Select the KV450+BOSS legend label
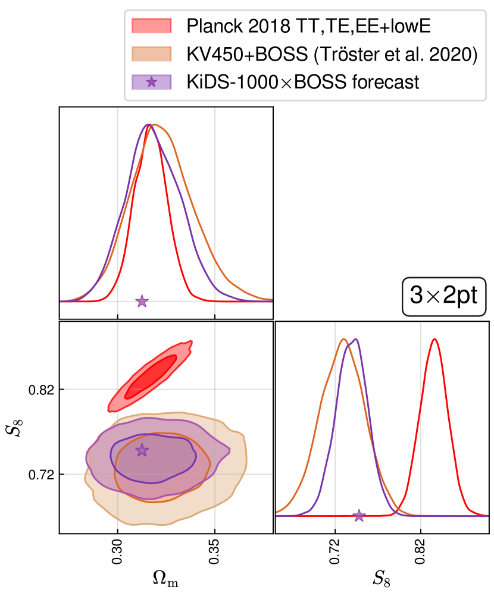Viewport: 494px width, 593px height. click(332, 54)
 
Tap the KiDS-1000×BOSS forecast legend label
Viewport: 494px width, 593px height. click(302, 81)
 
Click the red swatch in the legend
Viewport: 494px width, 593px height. click(151, 26)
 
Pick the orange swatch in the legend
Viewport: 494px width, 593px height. click(151, 54)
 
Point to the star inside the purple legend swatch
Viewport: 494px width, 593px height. click(151, 81)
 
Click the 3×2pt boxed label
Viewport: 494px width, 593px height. click(444, 295)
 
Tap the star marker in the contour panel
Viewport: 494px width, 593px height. click(142, 450)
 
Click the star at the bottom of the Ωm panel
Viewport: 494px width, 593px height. click(142, 301)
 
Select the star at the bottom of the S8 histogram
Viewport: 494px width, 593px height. click(359, 516)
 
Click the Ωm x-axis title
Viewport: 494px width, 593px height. click(166, 577)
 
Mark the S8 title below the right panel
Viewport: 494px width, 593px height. click(382, 577)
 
